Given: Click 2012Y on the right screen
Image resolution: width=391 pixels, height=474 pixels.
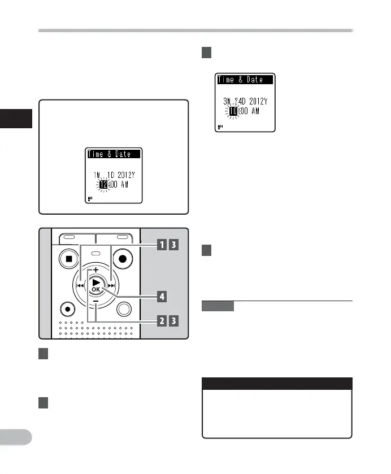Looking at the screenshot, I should click(x=262, y=102).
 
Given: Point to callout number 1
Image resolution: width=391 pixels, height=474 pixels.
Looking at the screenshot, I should click(x=162, y=245).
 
